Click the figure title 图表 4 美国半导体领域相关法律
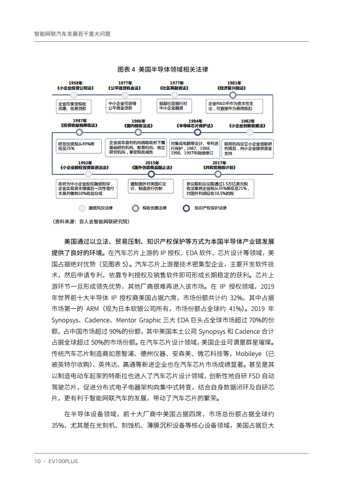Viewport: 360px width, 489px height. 163,69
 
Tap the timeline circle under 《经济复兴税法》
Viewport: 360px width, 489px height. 232,95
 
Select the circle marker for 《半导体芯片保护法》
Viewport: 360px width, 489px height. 197,133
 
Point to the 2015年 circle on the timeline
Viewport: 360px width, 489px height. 152,173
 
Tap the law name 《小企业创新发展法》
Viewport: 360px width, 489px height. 247,125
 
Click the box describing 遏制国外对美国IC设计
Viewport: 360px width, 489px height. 152,187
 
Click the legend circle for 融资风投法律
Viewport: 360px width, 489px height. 82,208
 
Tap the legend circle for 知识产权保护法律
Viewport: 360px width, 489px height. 186,208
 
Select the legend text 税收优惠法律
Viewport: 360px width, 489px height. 154,208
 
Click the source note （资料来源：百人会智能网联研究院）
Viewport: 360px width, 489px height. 91,222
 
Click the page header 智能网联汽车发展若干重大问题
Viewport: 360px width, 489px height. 73,34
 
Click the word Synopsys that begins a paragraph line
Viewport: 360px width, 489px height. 64,320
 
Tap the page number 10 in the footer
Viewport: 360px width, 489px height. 38,461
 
